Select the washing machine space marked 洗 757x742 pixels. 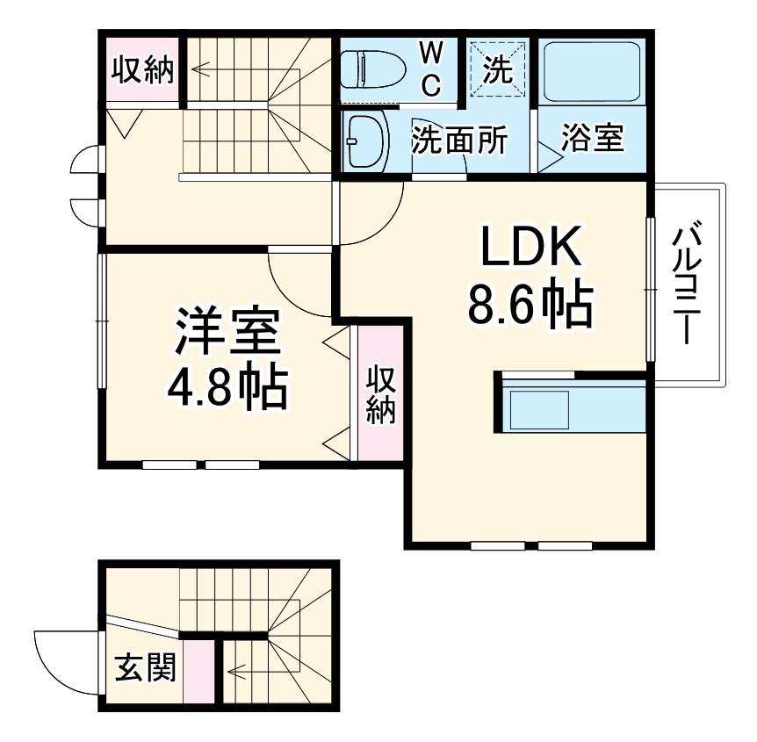pos(499,69)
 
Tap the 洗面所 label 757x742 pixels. pos(458,140)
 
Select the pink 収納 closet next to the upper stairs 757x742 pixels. pos(142,70)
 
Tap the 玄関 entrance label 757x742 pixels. pos(146,669)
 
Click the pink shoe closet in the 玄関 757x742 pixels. pos(200,672)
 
